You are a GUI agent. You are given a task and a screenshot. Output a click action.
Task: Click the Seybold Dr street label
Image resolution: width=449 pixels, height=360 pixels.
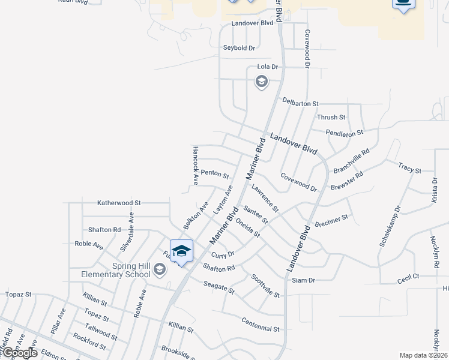(240, 47)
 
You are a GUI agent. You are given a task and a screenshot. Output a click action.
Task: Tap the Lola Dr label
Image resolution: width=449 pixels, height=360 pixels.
(268, 67)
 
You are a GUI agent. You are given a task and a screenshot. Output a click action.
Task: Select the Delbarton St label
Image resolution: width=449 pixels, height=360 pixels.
(300, 104)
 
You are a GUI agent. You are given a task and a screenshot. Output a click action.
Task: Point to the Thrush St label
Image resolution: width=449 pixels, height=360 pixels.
(331, 117)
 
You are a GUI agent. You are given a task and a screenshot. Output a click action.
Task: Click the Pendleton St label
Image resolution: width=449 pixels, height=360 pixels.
(345, 132)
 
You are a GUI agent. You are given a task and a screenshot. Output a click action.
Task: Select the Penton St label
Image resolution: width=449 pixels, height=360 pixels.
(215, 174)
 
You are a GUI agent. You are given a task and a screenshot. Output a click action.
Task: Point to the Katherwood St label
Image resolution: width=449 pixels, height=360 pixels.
(119, 203)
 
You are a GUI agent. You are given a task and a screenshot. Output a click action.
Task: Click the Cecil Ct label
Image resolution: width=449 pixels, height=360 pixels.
(408, 280)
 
